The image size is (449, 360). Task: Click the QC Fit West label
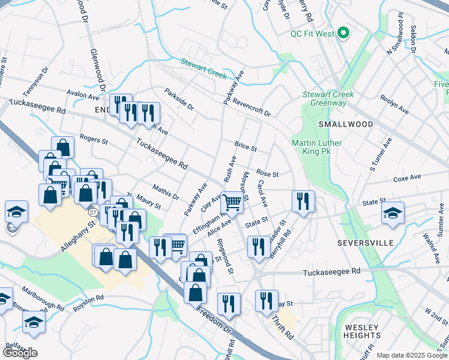pyautogui.click(x=312, y=34)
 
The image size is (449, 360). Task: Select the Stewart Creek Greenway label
pyautogui.click(x=328, y=98)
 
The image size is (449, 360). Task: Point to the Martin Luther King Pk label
pyautogui.click(x=316, y=147)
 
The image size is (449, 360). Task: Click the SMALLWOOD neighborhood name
pyautogui.click(x=345, y=124)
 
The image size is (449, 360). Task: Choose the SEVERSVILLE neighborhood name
pyautogui.click(x=365, y=243)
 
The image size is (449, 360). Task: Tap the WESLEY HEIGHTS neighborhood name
pyautogui.click(x=363, y=331)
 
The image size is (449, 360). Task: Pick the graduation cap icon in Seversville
pyautogui.click(x=393, y=213)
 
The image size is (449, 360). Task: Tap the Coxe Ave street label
pyautogui.click(x=408, y=178)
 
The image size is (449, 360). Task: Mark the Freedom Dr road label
pyautogui.click(x=215, y=325)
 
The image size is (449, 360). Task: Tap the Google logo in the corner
pyautogui.click(x=20, y=353)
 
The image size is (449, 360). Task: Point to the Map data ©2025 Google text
pyautogui.click(x=411, y=355)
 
